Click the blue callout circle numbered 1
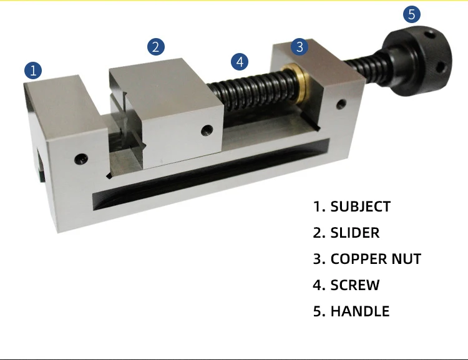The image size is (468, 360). (33, 70)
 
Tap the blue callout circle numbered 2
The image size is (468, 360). (156, 46)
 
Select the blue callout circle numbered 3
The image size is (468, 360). (300, 46)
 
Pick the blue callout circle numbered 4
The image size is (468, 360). (240, 62)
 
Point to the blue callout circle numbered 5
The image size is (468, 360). (411, 13)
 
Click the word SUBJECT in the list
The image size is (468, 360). (360, 207)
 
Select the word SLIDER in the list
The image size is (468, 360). (354, 233)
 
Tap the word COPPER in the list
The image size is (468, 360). (359, 259)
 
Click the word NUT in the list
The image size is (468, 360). (407, 259)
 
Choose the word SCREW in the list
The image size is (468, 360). (354, 285)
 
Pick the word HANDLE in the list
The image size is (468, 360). (359, 311)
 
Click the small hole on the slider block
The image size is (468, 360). (207, 130)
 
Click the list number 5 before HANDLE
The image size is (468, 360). (318, 311)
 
